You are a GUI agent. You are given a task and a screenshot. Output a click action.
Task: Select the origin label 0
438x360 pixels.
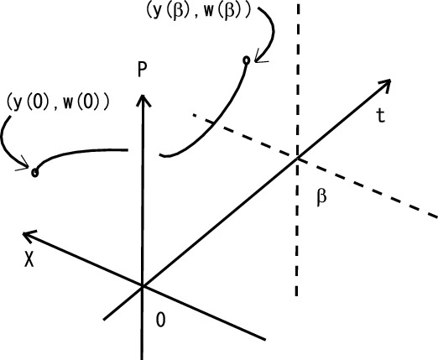(162, 319)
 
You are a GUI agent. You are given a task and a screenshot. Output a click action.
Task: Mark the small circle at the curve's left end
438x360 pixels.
(34, 172)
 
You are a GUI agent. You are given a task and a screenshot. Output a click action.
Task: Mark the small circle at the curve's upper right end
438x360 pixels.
(246, 60)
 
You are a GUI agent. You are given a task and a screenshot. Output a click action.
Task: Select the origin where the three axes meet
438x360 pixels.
(143, 286)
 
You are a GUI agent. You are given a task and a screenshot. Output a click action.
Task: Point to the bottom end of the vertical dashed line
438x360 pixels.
(297, 295)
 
